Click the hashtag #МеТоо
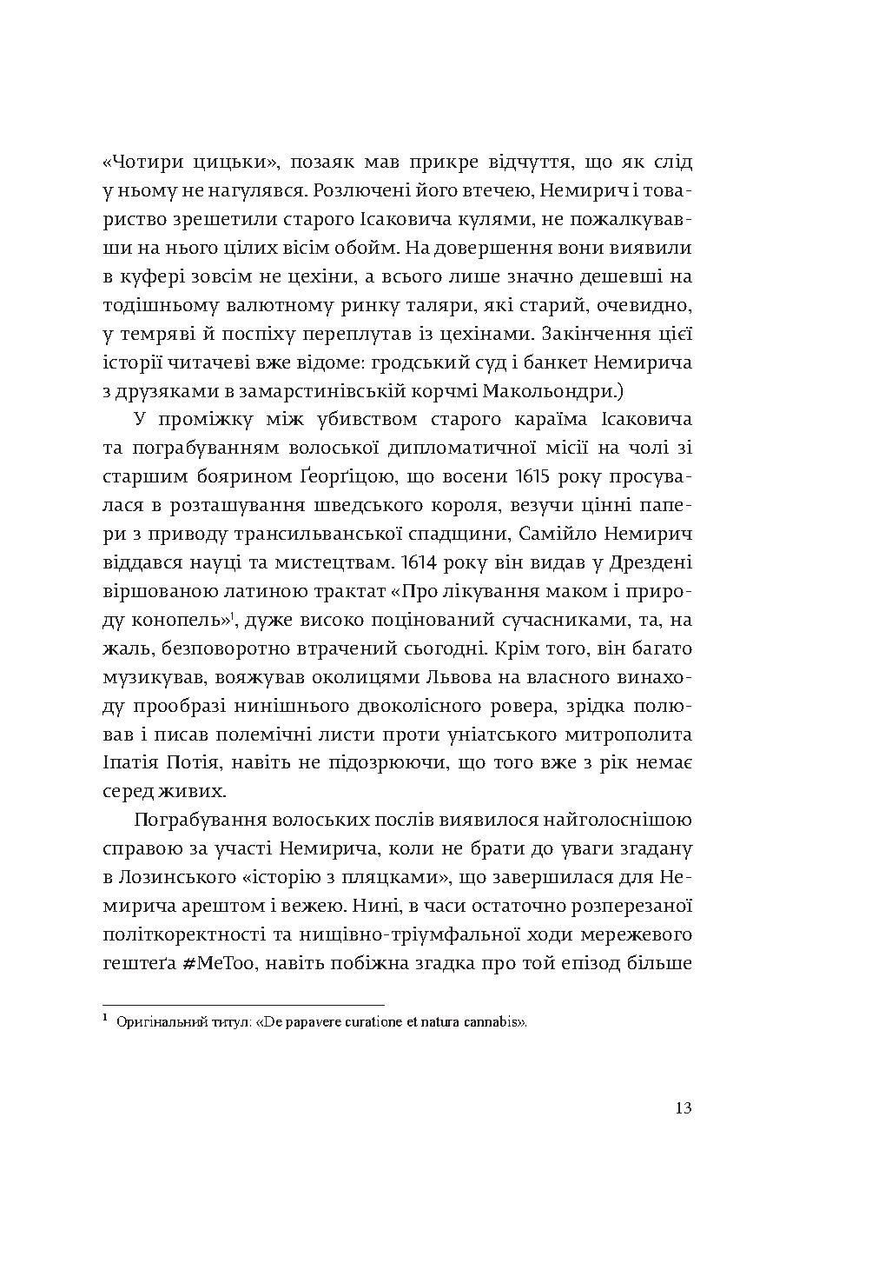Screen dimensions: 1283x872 click(221, 962)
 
